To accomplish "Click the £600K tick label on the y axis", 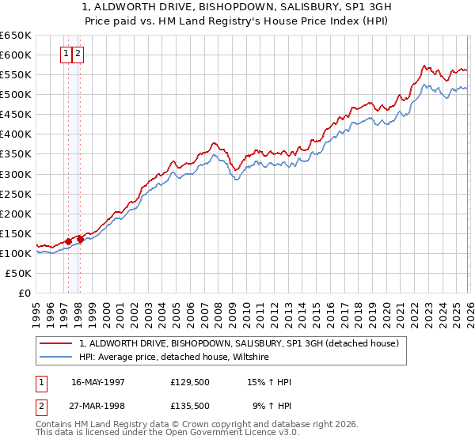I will [x=15, y=55].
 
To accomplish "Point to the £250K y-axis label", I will [x=15, y=194].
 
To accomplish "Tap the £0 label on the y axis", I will [x=23, y=293].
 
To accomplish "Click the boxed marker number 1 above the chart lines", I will [x=66, y=55].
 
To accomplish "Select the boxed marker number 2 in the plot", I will [x=79, y=55].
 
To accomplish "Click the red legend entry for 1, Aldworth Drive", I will [x=243, y=343].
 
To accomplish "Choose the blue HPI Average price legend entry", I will [x=174, y=358].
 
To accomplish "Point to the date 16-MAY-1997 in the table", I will [x=98, y=382].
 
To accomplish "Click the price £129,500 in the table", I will [x=190, y=382].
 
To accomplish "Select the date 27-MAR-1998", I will [x=98, y=406].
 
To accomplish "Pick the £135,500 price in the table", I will [x=190, y=406].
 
